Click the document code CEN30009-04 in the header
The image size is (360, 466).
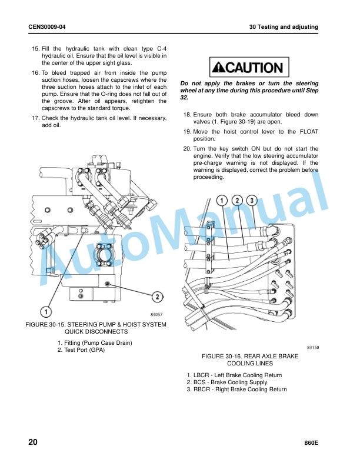coord(47,26)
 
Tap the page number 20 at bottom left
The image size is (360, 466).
coord(33,442)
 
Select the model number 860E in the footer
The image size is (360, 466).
coord(311,443)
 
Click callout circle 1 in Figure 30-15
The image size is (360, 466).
coord(46,312)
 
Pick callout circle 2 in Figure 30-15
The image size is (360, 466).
coord(158,297)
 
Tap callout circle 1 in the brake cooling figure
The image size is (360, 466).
coord(222,201)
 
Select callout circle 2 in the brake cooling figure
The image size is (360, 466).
coord(237,201)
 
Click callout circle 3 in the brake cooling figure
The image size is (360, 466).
coord(252,201)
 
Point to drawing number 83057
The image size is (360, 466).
coord(156,314)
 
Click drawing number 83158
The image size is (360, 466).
coord(313,347)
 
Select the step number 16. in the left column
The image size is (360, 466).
coord(35,73)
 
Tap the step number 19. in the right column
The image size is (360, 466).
coord(187,132)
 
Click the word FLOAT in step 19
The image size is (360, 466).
coord(309,132)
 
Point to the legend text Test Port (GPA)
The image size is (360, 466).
coord(85,350)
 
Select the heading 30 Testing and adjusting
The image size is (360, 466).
coord(284,26)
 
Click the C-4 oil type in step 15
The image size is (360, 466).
coord(162,49)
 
